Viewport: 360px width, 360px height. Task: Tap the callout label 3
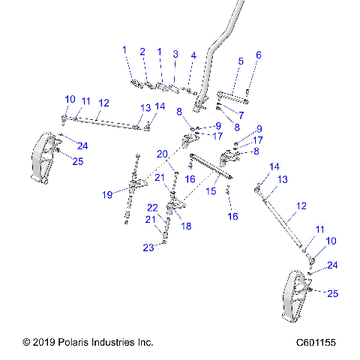coord(175,54)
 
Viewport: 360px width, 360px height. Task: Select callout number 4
coord(193,55)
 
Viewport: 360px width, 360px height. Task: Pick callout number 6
coord(259,55)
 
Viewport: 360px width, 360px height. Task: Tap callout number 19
coord(108,194)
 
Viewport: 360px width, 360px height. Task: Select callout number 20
coord(163,154)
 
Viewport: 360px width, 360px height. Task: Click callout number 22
coord(152,208)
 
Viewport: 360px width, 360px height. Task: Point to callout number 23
coord(149,247)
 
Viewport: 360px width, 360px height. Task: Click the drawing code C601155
coord(314,342)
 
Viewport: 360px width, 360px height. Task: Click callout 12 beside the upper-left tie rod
coord(103,103)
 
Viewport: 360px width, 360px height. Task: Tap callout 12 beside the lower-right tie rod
coord(301,205)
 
